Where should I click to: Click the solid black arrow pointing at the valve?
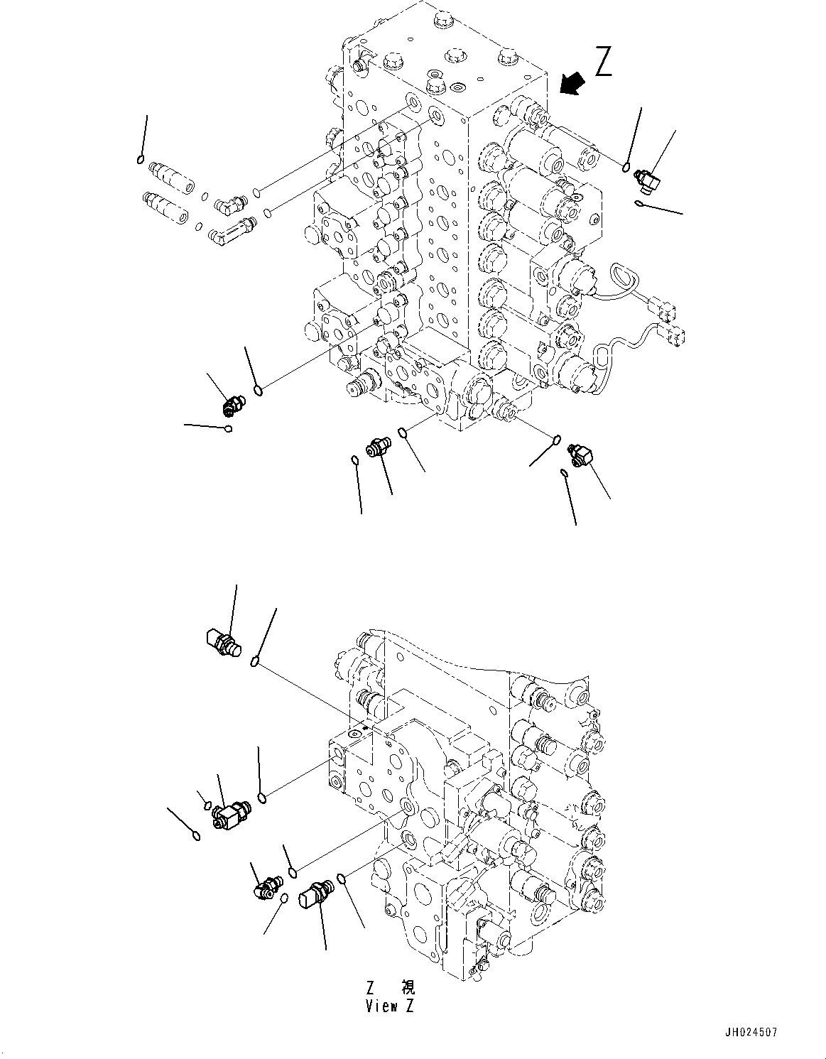[572, 85]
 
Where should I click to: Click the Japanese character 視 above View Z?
[408, 987]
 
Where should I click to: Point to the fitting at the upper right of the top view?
[647, 180]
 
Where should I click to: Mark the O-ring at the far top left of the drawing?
[141, 159]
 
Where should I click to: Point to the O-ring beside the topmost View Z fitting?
[254, 663]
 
